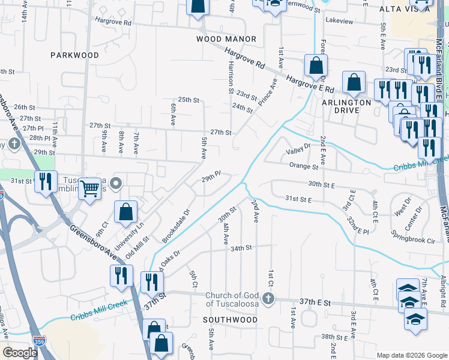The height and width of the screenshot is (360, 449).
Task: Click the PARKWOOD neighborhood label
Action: click(x=74, y=55)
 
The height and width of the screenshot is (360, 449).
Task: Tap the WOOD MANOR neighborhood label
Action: click(x=226, y=39)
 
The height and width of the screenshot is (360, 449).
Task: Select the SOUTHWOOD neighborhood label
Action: click(x=230, y=320)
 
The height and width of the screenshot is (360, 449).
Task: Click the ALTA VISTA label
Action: click(x=405, y=9)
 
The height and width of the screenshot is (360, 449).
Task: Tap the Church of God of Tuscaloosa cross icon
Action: click(x=268, y=298)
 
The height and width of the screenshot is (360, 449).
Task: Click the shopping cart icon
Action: click(x=89, y=188)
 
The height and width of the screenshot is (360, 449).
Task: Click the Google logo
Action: click(x=19, y=353)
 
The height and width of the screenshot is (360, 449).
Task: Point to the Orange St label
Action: click(x=303, y=166)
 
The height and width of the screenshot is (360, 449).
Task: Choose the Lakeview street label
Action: click(x=339, y=21)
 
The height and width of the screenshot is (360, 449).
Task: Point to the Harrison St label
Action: click(x=231, y=78)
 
